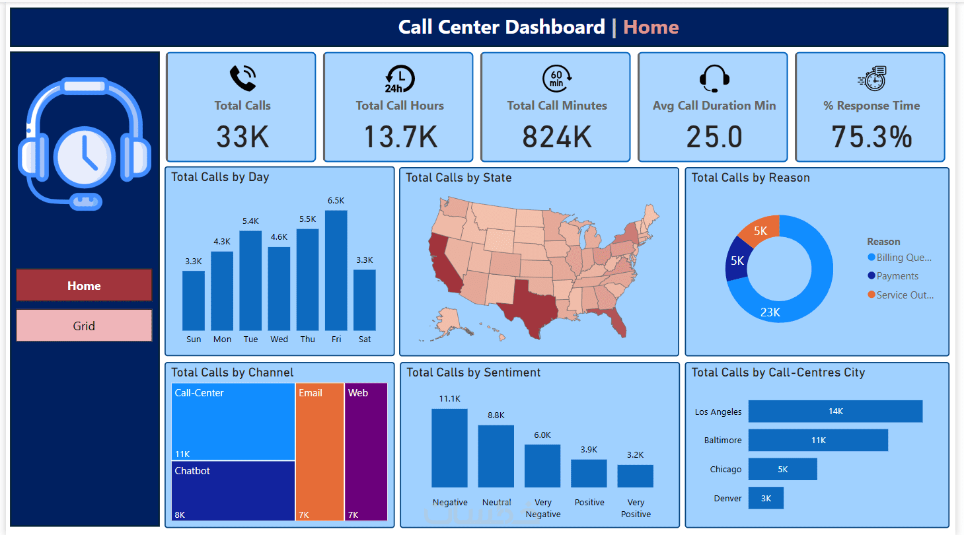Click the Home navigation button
[x=84, y=285]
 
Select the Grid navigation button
[x=84, y=326]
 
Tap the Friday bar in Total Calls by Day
[x=336, y=271]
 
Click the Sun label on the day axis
[x=194, y=339]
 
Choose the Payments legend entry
[x=897, y=276]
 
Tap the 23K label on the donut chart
[x=770, y=312]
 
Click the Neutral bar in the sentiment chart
[x=496, y=456]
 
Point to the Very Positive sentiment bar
[x=635, y=476]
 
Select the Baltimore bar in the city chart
[x=818, y=440]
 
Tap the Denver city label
[x=727, y=499]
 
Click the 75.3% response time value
[x=871, y=137]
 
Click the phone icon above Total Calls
[x=242, y=79]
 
